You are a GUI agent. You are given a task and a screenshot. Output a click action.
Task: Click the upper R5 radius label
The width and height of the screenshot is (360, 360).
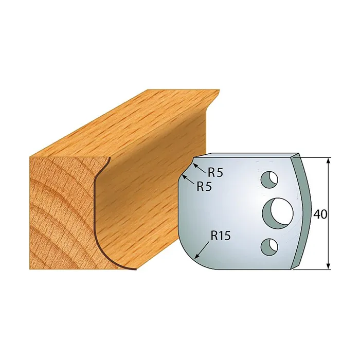pyautogui.click(x=215, y=172)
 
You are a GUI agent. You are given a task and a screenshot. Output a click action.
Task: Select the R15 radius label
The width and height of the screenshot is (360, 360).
pyautogui.click(x=221, y=236)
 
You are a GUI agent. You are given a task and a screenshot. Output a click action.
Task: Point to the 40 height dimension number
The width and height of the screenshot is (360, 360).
pyautogui.click(x=320, y=214)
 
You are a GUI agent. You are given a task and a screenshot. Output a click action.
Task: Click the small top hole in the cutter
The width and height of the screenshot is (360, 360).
pyautogui.click(x=269, y=180)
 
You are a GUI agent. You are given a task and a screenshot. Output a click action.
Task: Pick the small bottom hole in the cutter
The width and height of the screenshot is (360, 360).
pyautogui.click(x=269, y=247)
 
